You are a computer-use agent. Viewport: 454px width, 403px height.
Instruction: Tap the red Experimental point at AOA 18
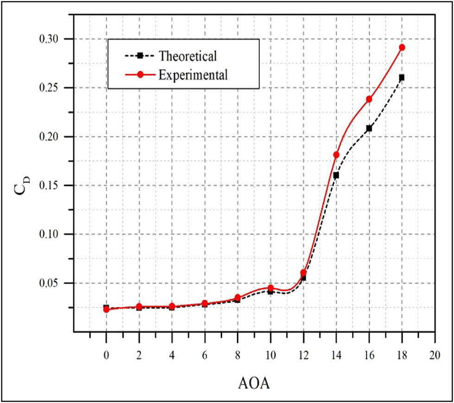click(x=402, y=47)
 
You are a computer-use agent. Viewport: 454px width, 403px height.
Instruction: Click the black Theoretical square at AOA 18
click(x=402, y=77)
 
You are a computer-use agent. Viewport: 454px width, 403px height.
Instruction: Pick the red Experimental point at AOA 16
click(x=369, y=99)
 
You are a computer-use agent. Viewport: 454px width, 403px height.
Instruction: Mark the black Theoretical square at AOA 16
click(x=369, y=128)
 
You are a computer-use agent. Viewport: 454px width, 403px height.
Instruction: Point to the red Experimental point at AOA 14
click(x=336, y=155)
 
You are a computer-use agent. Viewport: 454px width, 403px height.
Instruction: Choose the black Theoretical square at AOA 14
click(x=336, y=175)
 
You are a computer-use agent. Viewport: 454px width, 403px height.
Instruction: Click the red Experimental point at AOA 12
click(x=303, y=273)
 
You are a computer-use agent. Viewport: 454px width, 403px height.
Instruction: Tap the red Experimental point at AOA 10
click(x=271, y=288)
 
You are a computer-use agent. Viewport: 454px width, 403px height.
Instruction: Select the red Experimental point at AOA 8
click(x=238, y=298)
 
